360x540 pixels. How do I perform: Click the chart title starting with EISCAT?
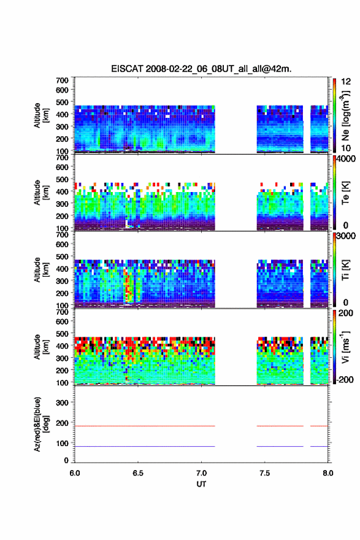click(201, 69)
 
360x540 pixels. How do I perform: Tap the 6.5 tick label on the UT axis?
click(137, 473)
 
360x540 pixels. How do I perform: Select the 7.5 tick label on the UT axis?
click(264, 473)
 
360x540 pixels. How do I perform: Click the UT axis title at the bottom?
click(201, 484)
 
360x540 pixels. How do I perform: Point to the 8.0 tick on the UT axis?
click(328, 473)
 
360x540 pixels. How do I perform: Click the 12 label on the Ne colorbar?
click(347, 82)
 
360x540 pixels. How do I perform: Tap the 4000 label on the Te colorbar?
click(347, 159)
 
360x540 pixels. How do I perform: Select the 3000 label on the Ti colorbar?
click(347, 236)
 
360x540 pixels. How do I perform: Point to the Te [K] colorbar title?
click(345, 193)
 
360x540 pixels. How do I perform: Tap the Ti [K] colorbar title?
click(345, 270)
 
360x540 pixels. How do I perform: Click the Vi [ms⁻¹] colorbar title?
click(345, 347)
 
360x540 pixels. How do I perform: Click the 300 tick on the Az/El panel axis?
click(62, 403)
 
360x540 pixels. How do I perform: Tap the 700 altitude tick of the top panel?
click(62, 80)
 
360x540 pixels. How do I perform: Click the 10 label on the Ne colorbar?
click(347, 148)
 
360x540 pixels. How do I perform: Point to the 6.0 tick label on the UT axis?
click(75, 473)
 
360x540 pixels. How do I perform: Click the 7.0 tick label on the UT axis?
click(201, 473)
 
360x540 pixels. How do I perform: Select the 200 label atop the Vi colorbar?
click(347, 314)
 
